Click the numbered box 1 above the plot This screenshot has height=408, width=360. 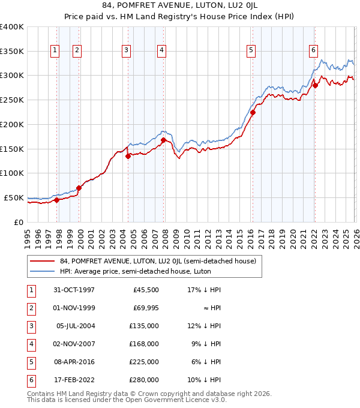pyautogui.click(x=55, y=51)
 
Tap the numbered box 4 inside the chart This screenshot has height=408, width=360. pyautogui.click(x=162, y=51)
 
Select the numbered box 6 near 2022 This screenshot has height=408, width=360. pyautogui.click(x=313, y=51)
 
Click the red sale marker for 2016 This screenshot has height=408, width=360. pyautogui.click(x=253, y=112)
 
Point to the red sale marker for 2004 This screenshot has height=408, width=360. pyautogui.click(x=128, y=156)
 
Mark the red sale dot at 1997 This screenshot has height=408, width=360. pyautogui.click(x=57, y=200)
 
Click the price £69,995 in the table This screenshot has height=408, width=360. pyautogui.click(x=145, y=308)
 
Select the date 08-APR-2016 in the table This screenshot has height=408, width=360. pyautogui.click(x=74, y=362)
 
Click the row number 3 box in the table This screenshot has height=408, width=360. pyautogui.click(x=31, y=326)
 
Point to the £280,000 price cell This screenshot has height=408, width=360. pyautogui.click(x=145, y=380)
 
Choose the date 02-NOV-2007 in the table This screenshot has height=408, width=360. pyautogui.click(x=74, y=344)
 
